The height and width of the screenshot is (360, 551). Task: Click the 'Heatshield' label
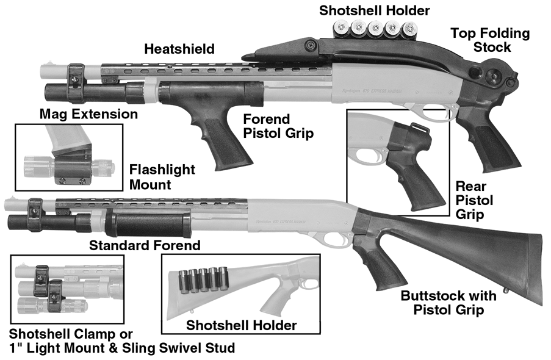[x=179, y=49]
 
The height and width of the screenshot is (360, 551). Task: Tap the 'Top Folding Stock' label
[x=490, y=41]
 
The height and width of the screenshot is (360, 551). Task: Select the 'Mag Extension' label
[x=88, y=114]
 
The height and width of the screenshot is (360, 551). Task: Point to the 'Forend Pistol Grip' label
[x=278, y=126]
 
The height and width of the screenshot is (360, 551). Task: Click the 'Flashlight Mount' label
[x=162, y=176]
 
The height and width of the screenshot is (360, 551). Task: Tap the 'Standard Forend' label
[x=145, y=246]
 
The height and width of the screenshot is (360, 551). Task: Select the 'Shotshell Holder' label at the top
[x=375, y=10]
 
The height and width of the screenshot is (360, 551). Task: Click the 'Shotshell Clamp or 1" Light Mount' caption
[x=122, y=341]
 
